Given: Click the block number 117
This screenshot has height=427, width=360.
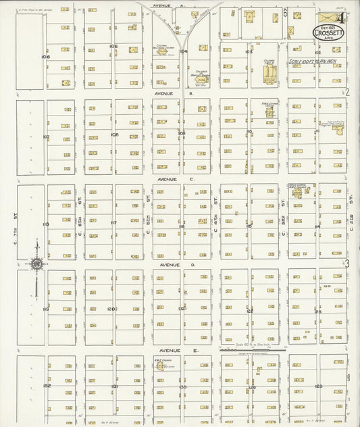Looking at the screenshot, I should tap(113, 223).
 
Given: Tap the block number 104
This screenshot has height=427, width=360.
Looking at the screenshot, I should tap(182, 51).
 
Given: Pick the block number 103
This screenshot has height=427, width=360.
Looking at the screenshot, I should tap(249, 51).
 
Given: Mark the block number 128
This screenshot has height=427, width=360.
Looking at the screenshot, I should tap(317, 386).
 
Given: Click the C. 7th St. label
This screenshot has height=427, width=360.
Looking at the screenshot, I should tap(14, 216).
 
